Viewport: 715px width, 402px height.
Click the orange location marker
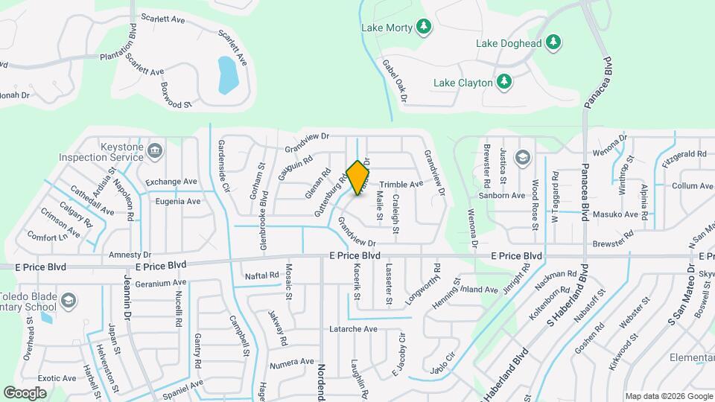(x=358, y=178)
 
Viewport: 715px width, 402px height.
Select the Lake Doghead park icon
(x=553, y=43)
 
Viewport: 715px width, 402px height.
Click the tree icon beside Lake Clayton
(x=504, y=81)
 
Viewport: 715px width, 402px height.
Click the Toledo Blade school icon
(x=68, y=300)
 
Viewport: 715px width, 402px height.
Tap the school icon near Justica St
(x=523, y=157)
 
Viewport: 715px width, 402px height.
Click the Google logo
(x=25, y=392)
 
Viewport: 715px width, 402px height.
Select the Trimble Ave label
(x=401, y=184)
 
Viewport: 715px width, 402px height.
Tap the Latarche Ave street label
(x=354, y=329)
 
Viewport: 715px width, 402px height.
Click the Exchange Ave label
(x=171, y=182)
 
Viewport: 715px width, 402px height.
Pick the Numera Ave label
(x=292, y=362)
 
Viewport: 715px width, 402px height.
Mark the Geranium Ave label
(x=161, y=283)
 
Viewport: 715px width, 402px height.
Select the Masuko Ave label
(x=620, y=214)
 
